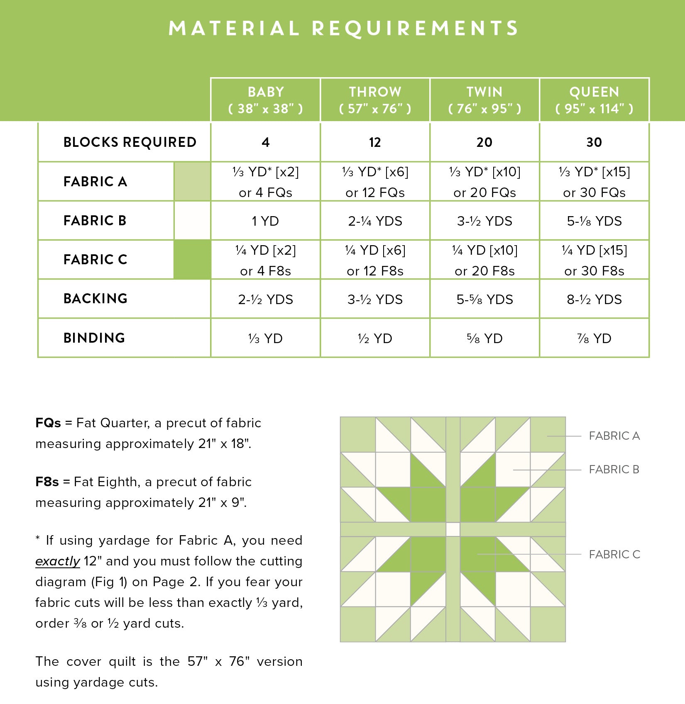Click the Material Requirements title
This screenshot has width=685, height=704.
pos(343,29)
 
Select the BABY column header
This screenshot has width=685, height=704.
pos(266,100)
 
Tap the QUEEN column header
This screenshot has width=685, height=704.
pos(594,100)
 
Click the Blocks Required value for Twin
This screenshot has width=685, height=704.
pos(484,142)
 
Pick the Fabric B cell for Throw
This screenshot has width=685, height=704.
pos(375,221)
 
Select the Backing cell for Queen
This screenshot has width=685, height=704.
pos(594,300)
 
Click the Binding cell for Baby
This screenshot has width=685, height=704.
pos(266,339)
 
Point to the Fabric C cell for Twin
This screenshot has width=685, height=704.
pos(484,260)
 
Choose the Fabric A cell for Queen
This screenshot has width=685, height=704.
pos(594,182)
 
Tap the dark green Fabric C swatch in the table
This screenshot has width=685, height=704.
pos(192,260)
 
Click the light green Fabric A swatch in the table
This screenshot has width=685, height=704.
pos(192,182)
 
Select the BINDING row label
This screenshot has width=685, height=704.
pos(94,338)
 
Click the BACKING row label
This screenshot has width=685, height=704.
pos(95,299)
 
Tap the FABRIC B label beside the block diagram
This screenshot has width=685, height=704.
pos(614,470)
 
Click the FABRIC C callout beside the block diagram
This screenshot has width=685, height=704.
pos(614,555)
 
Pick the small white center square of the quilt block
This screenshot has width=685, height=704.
pos(453,529)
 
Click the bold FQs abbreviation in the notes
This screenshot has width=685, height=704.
pos(48,423)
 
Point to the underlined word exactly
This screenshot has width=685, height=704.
pos(58,561)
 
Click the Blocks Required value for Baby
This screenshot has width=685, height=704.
pos(266,142)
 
